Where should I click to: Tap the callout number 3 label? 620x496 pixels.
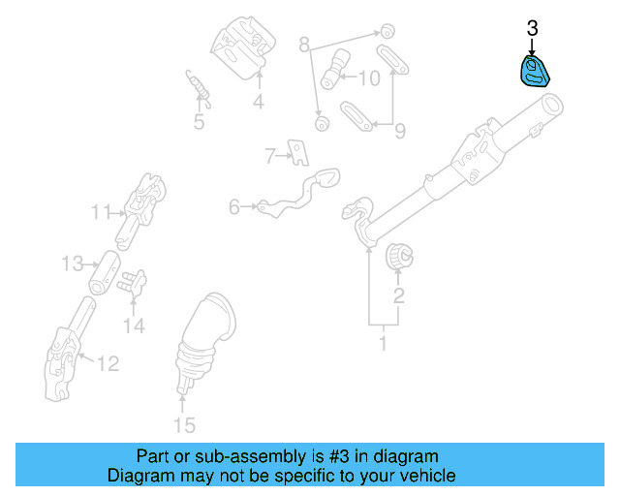[x=532, y=29]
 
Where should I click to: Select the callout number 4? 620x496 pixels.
[x=259, y=102]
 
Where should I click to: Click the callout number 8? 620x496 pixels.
[x=303, y=45]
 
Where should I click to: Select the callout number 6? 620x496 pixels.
[x=233, y=206]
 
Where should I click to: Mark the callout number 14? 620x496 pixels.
[x=134, y=326]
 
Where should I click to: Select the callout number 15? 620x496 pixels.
[x=183, y=424]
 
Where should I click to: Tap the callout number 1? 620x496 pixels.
[x=383, y=342]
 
